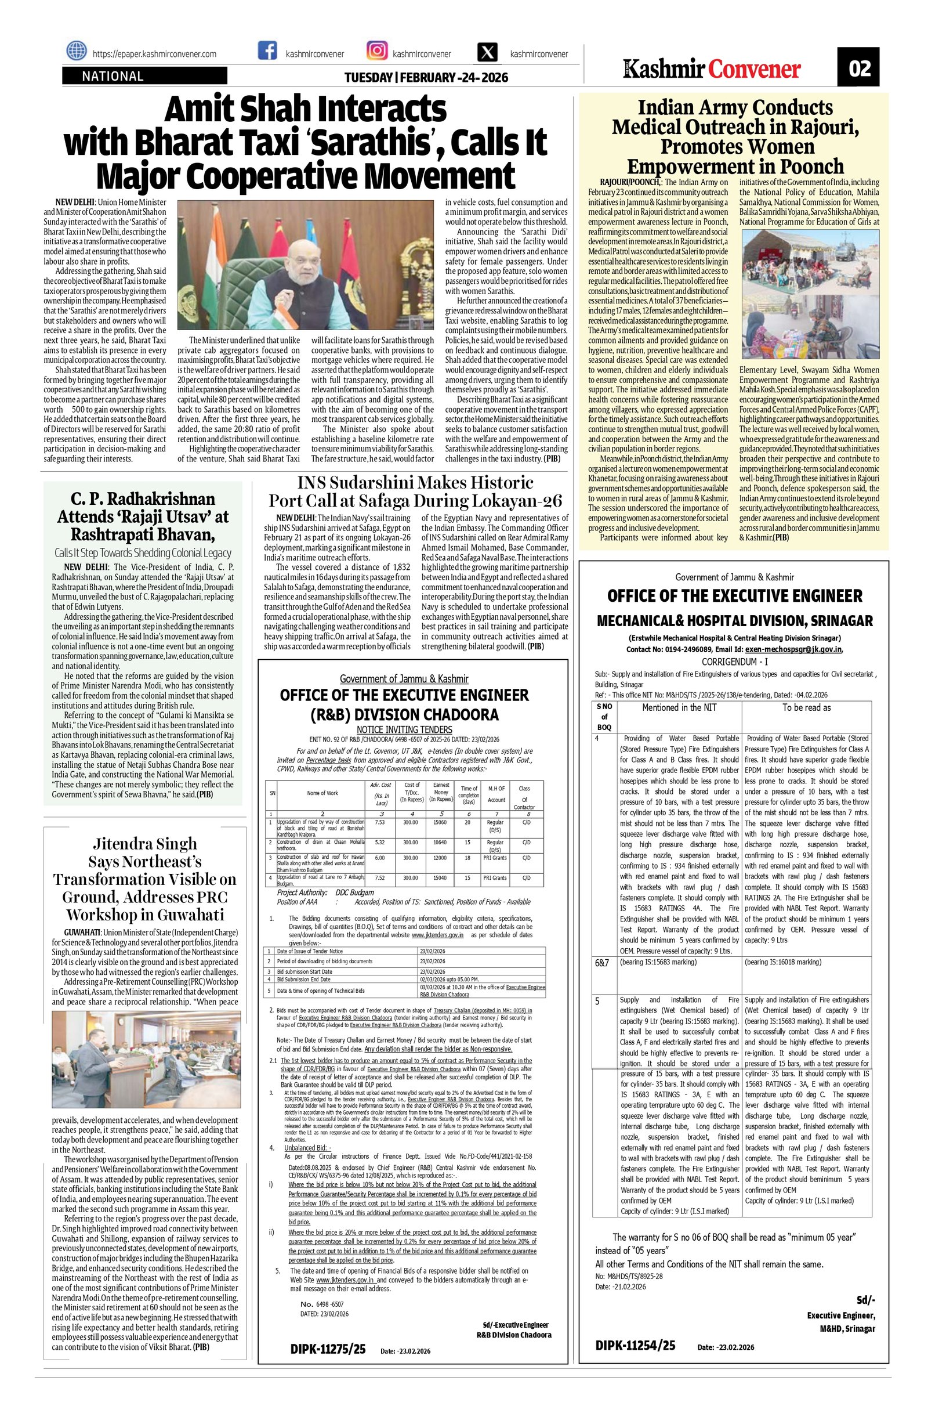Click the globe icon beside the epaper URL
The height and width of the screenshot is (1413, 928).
(x=76, y=53)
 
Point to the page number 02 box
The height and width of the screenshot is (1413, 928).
(x=858, y=69)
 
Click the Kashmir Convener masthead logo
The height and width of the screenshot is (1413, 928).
(x=712, y=69)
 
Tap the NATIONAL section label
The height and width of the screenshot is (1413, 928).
(x=113, y=76)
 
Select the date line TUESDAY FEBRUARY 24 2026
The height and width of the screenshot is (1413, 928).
(x=426, y=78)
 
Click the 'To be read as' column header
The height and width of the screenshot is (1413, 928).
(x=806, y=707)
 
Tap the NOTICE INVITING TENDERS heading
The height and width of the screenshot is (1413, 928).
(x=404, y=729)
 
